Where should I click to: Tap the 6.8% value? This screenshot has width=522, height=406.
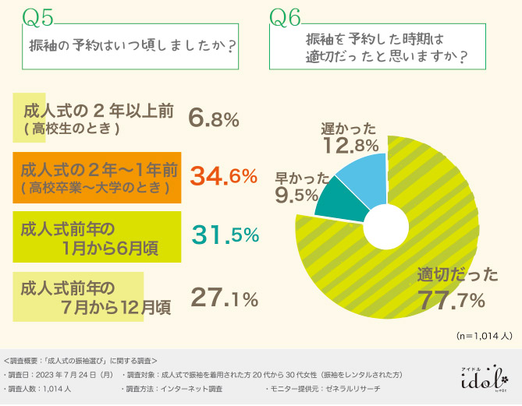(x=213, y=118)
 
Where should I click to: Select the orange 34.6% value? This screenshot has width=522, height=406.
(x=224, y=176)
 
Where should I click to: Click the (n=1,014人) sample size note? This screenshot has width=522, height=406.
(x=484, y=337)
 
